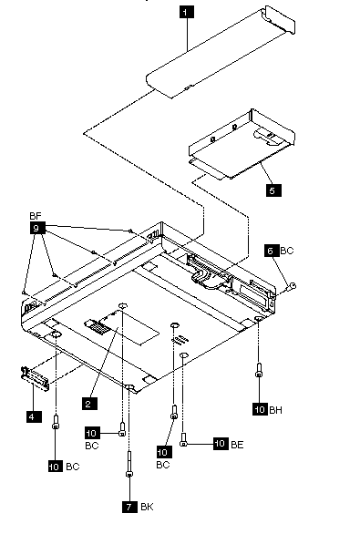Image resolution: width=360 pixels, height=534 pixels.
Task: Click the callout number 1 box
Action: [x=186, y=13]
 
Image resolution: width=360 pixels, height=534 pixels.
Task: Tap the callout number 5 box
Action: [x=273, y=190]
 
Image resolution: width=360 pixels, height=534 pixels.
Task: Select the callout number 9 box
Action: [x=37, y=228]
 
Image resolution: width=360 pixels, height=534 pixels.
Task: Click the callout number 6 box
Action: [x=271, y=251]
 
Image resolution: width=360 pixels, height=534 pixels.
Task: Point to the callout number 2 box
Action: [x=89, y=404]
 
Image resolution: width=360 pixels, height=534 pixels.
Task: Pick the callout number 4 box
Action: [x=34, y=416]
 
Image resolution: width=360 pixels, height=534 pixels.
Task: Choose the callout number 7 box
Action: [x=129, y=507]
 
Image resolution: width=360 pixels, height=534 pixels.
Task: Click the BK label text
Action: [x=147, y=507]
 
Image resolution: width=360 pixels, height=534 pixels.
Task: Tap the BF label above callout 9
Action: [x=36, y=216]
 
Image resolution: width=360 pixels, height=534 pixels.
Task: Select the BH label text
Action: [x=276, y=410]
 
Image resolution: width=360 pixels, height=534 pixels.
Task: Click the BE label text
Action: [x=237, y=445]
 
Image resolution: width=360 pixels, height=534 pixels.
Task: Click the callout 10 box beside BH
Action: [x=261, y=409]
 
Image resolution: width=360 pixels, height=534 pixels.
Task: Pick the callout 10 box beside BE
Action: [x=221, y=444]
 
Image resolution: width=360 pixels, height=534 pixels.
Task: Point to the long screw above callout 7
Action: [x=129, y=464]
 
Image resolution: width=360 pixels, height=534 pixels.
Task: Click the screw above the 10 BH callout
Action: [x=259, y=370]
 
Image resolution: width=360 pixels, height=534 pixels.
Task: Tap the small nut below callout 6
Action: [x=293, y=286]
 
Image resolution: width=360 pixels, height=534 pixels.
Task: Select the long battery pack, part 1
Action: [x=221, y=53]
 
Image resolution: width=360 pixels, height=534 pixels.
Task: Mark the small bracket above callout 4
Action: [x=35, y=378]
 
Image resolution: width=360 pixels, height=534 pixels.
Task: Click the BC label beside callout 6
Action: [x=287, y=251]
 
